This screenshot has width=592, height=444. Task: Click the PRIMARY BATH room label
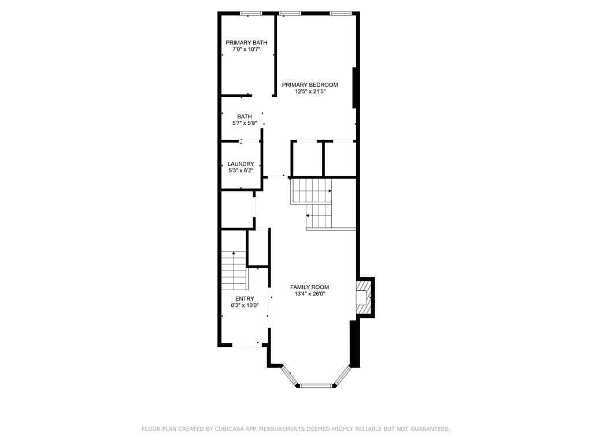(x=246, y=42)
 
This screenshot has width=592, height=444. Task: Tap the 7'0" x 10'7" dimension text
(x=246, y=50)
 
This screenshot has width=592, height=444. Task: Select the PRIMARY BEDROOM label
(x=310, y=85)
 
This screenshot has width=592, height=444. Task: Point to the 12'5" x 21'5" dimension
(x=310, y=91)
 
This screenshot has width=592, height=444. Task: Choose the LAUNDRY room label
(x=240, y=164)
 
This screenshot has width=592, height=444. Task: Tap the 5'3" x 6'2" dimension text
(x=240, y=171)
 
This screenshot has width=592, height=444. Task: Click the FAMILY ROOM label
(x=309, y=287)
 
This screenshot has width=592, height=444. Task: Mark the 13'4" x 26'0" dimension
(x=309, y=294)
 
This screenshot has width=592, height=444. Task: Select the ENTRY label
(x=244, y=298)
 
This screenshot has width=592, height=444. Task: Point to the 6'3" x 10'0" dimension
(x=244, y=305)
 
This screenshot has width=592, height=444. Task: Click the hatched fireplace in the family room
(x=362, y=297)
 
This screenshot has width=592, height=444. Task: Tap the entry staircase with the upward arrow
(x=234, y=272)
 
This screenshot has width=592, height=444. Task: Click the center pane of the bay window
(x=316, y=385)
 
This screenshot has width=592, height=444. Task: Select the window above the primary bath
(x=251, y=13)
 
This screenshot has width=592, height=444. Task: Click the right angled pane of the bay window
(x=342, y=375)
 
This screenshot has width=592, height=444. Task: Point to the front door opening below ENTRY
(x=247, y=346)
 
